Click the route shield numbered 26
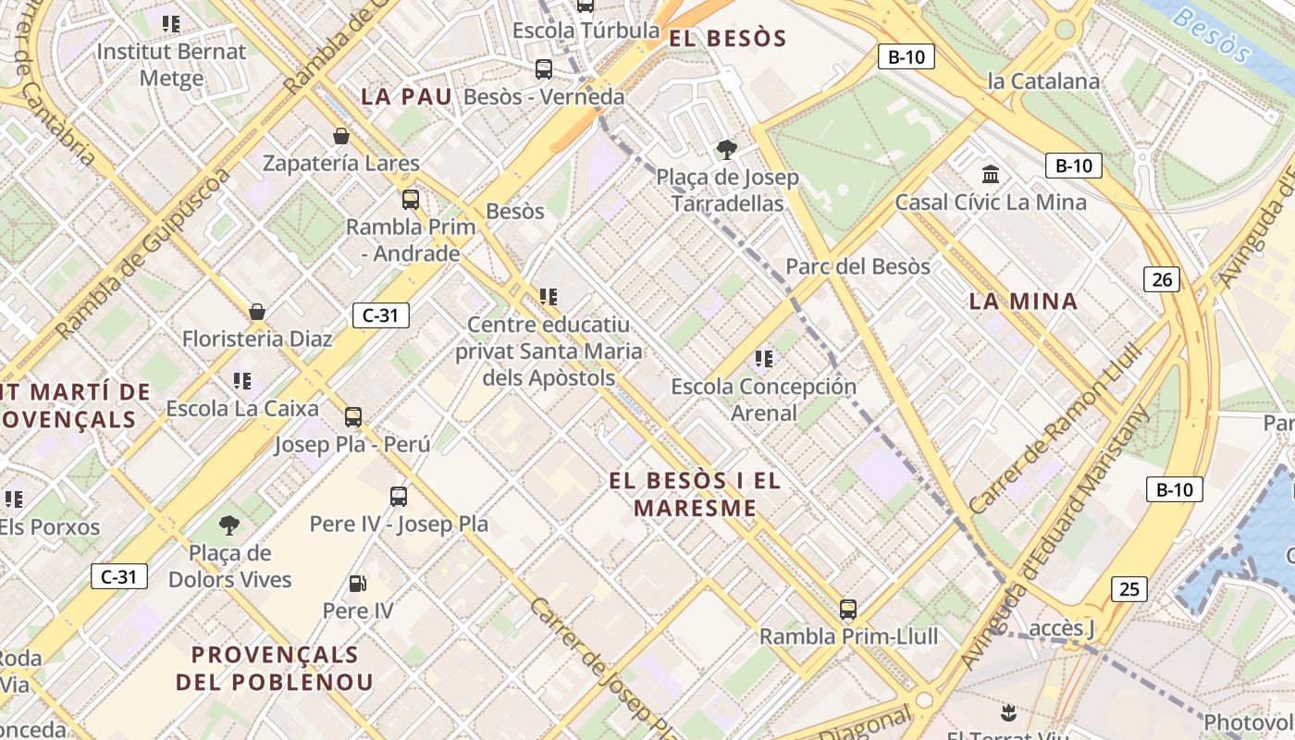[x=1162, y=278]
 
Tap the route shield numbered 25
[x=1128, y=588]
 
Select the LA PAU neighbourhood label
[x=407, y=96]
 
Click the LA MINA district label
[x=1024, y=301]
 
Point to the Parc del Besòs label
[x=857, y=266]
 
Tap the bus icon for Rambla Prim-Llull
[x=847, y=610]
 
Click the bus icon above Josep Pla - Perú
[x=353, y=416]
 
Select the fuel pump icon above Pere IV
[x=357, y=584]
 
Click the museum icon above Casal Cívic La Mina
[x=991, y=174]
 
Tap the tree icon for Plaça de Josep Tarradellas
[x=727, y=149]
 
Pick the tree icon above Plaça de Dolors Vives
[x=228, y=525]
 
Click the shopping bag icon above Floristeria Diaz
[x=257, y=312]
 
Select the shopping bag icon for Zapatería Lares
[x=341, y=137]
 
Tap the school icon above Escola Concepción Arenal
[x=763, y=358]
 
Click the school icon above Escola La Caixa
[x=242, y=380]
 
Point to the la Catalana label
[x=1043, y=81]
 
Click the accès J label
[x=1062, y=629]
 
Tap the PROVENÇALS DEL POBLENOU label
[x=275, y=668]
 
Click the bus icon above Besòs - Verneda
[x=544, y=69]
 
